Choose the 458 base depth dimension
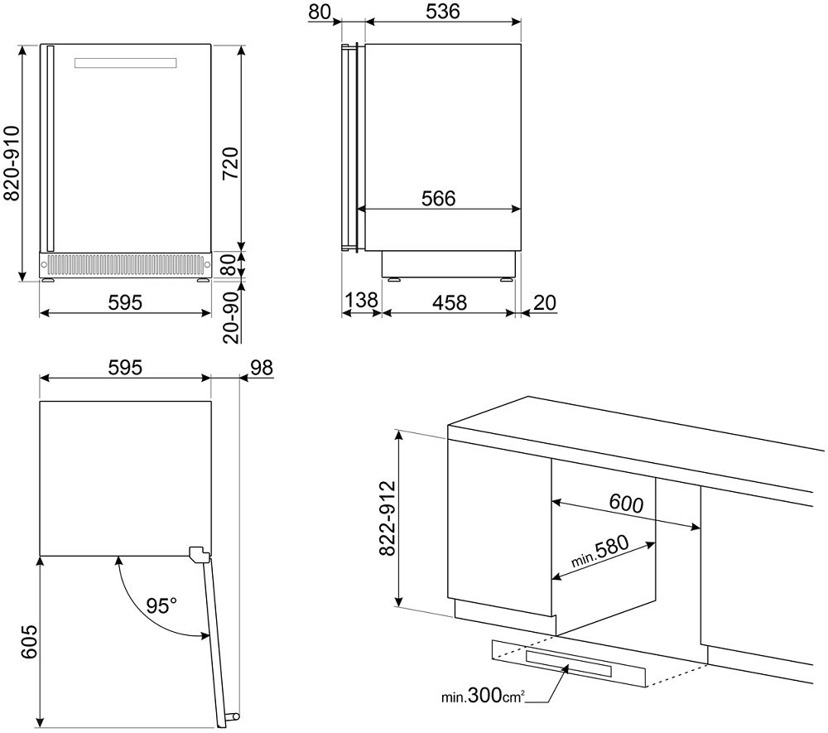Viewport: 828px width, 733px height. pos(448,301)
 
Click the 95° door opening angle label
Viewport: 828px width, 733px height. pos(162,605)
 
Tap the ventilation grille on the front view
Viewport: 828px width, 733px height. pos(125,265)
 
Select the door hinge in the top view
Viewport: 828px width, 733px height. pos(198,554)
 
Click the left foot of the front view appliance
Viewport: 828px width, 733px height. pos(49,280)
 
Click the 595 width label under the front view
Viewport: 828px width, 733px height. pos(125,301)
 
